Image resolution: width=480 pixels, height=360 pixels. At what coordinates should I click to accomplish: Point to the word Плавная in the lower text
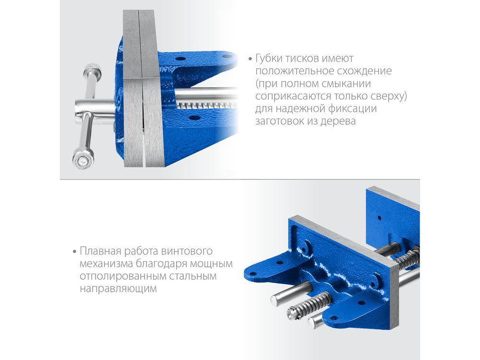tap(98, 251)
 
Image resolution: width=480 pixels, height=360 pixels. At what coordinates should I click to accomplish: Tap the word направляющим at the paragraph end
tap(118, 288)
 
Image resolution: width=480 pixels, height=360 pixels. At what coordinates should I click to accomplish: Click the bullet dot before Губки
tap(251, 59)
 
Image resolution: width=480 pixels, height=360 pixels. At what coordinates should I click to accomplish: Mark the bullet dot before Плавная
tap(75, 252)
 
